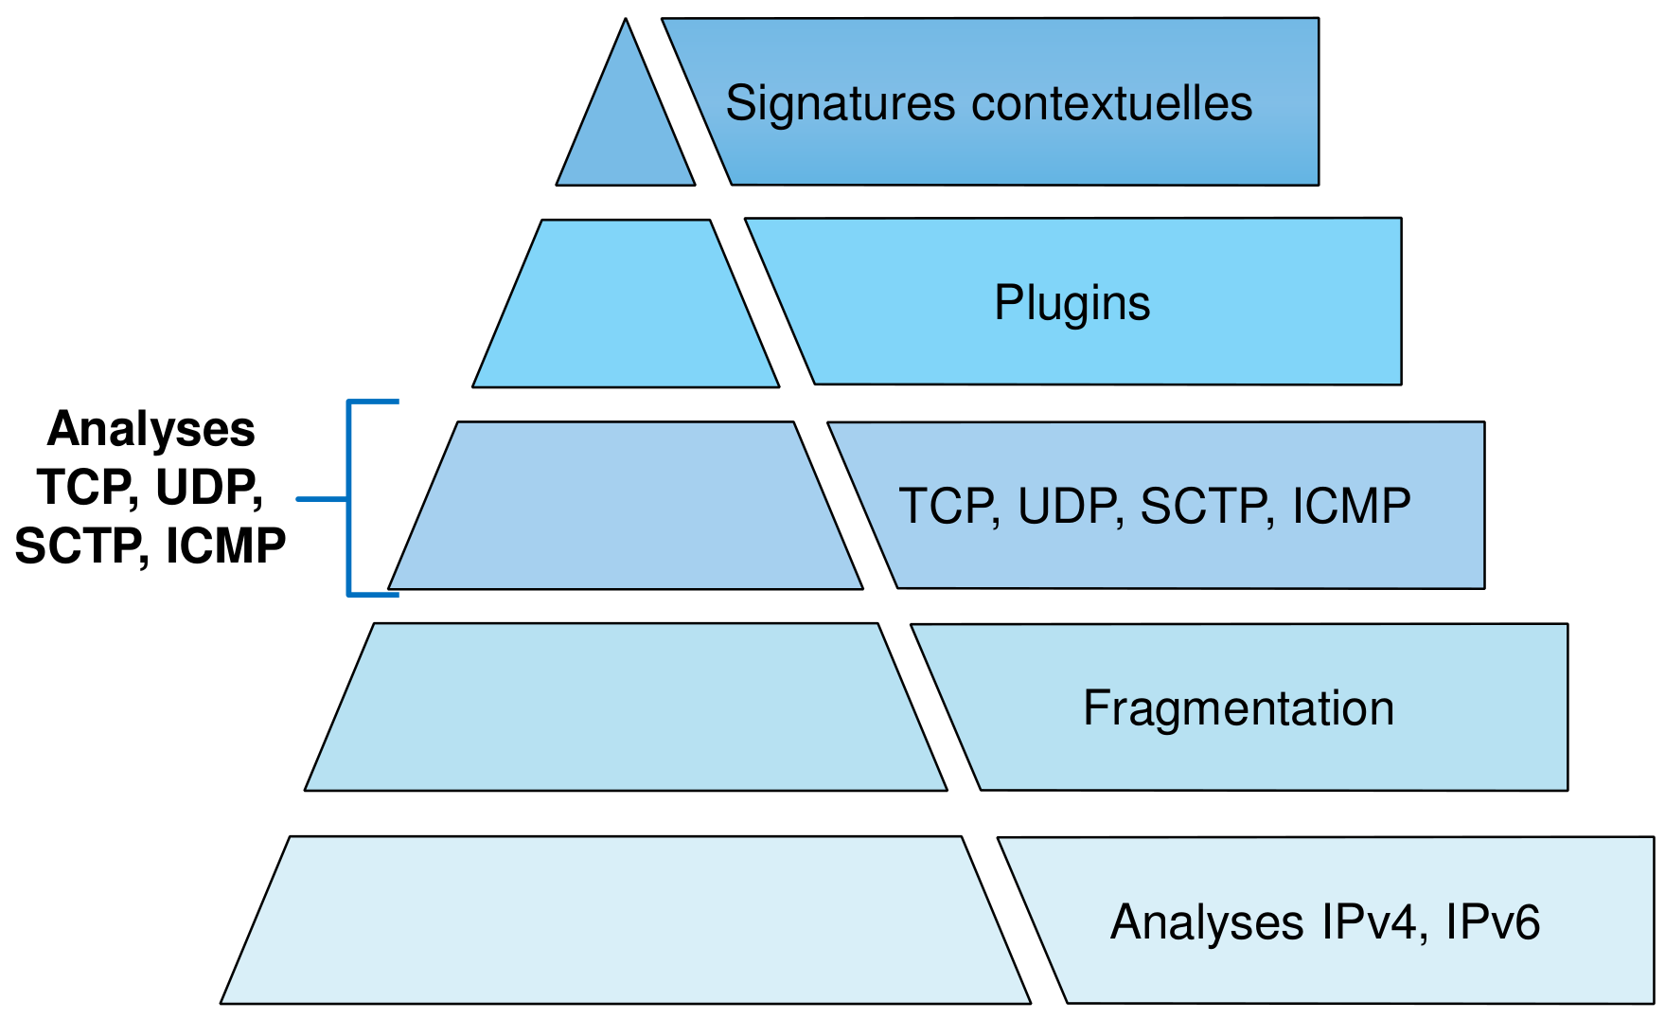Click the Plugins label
coord(1072,303)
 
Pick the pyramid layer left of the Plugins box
coord(626,304)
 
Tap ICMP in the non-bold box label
coord(1352,506)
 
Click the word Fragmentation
coord(1238,708)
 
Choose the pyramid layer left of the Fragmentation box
coord(626,707)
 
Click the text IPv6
coord(1493,921)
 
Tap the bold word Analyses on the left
coord(151,429)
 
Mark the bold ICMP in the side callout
coord(225,546)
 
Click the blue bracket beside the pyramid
coord(348,498)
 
